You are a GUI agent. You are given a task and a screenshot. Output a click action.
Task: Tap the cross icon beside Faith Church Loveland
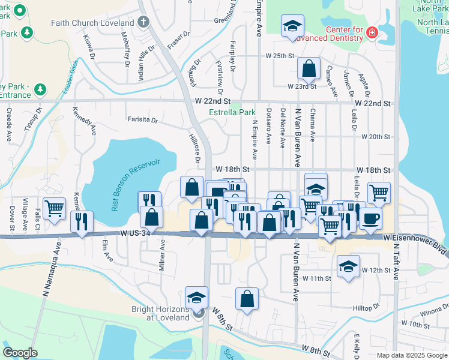point(143,23)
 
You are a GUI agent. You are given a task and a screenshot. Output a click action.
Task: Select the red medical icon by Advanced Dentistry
point(372,31)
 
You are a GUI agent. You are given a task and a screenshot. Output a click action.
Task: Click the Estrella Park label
point(232,112)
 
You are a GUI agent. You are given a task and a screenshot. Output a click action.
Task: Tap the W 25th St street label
point(281,56)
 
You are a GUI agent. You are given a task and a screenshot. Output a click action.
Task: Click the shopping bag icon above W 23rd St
point(309,69)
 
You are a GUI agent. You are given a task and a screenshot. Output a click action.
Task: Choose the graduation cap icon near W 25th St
point(292,26)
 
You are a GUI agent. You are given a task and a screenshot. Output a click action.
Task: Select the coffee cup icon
point(370,219)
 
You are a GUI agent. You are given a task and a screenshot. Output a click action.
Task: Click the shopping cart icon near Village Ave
point(54,208)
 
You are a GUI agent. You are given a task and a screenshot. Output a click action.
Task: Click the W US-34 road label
point(136,233)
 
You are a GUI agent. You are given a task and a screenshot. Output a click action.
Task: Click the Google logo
point(21,353)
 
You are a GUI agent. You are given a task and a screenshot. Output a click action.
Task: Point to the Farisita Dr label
point(142,120)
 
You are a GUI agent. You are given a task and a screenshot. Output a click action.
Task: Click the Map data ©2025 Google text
point(411,355)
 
